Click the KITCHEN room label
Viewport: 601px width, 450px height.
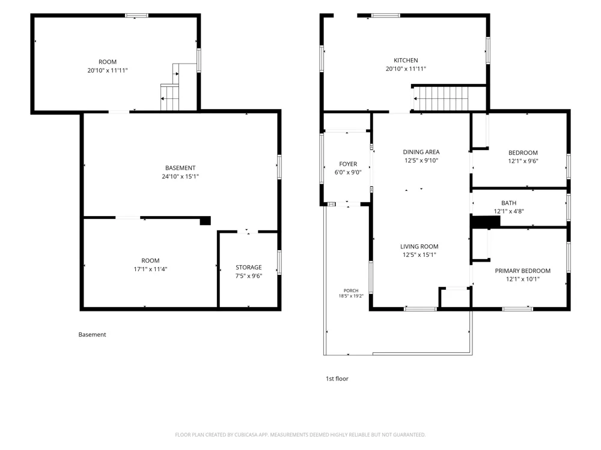click(x=406, y=60)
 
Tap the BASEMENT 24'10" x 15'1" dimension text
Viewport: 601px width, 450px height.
click(x=180, y=176)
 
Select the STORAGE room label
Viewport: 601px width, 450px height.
click(x=249, y=267)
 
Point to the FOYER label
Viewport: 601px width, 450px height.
click(x=348, y=164)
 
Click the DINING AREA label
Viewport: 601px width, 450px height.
click(x=421, y=152)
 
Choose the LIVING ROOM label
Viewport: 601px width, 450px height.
click(x=419, y=247)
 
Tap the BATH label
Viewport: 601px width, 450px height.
click(x=508, y=203)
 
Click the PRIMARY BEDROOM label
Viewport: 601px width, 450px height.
click(x=522, y=271)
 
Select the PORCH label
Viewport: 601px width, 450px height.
click(x=351, y=290)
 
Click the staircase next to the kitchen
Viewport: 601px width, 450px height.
click(x=441, y=99)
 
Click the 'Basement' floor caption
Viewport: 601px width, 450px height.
click(x=92, y=334)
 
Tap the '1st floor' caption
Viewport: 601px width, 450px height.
click(x=337, y=379)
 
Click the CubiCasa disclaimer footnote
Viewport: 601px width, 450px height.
click(x=300, y=434)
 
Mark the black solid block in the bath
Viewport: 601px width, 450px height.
click(x=485, y=221)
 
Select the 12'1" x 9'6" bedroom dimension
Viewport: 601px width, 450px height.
click(x=523, y=161)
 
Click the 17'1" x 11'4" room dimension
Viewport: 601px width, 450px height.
click(x=150, y=269)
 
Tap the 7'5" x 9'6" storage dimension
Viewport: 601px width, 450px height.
click(x=249, y=276)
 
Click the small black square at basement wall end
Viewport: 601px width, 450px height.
click(x=206, y=220)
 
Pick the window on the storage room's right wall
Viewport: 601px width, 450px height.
click(x=279, y=262)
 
